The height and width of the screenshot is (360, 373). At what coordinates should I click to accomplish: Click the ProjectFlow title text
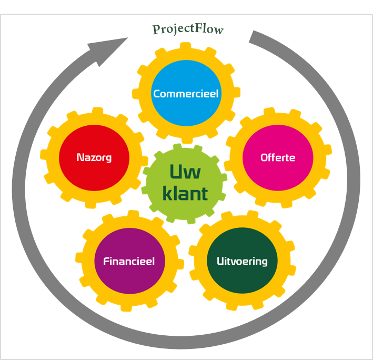click(188, 29)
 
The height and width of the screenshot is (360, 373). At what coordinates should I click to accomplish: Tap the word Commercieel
click(186, 94)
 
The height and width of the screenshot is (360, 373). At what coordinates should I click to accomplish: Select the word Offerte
click(278, 157)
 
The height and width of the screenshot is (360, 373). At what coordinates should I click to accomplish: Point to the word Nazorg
click(94, 157)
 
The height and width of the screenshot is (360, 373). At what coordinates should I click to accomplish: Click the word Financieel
click(129, 261)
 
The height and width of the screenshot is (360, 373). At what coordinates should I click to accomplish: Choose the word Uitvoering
click(242, 261)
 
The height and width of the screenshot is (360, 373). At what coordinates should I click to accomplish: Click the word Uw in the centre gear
click(184, 172)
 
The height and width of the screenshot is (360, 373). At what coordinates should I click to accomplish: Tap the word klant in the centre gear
click(185, 194)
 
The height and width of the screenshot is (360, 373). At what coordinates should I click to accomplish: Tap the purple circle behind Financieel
click(129, 279)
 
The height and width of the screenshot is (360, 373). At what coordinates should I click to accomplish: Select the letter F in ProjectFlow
click(200, 28)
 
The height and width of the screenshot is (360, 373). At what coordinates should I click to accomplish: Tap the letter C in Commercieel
click(157, 94)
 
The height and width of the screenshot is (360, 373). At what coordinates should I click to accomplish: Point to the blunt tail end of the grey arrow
click(255, 37)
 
